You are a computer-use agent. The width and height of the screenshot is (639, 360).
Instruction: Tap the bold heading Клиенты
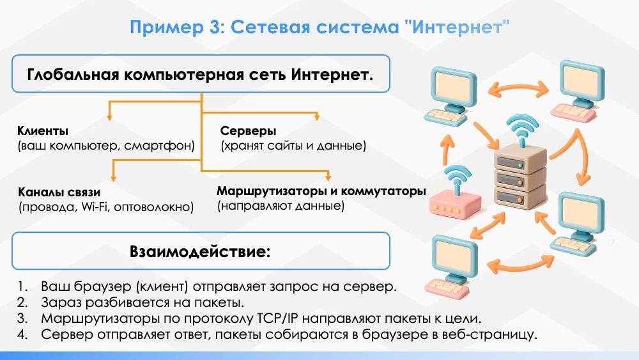43,131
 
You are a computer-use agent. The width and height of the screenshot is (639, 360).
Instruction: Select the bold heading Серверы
248,131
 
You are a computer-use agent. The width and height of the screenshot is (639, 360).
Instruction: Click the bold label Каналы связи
59,192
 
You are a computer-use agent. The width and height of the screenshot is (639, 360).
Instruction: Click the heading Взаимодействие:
200,250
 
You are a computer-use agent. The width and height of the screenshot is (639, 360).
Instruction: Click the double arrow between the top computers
518,88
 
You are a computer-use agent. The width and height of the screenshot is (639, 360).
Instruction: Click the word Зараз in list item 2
60,302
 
